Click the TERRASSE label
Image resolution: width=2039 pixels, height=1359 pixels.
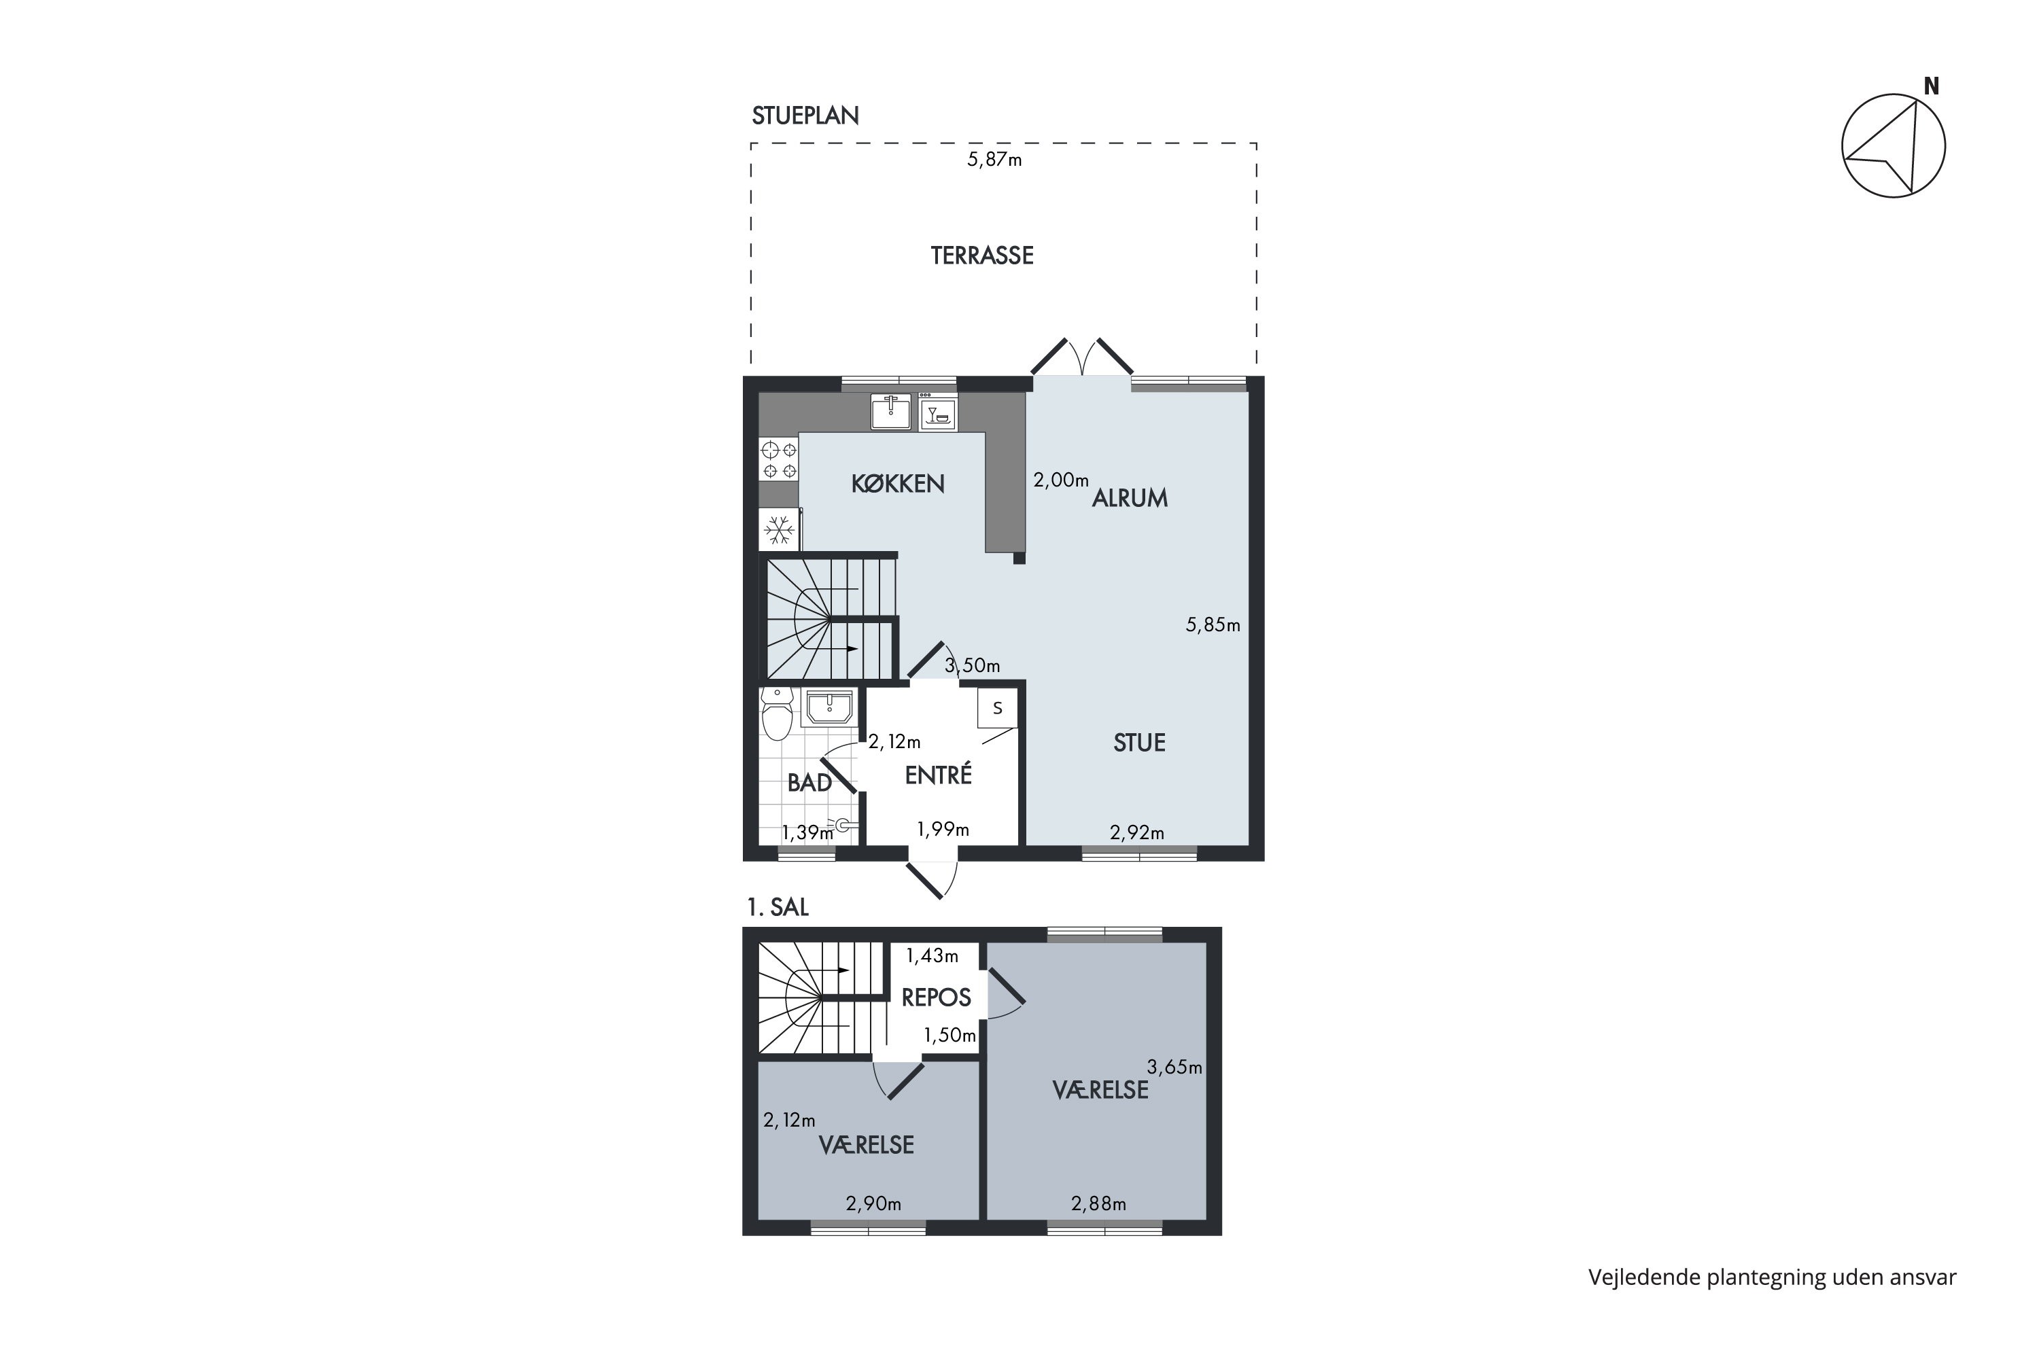pyautogui.click(x=982, y=255)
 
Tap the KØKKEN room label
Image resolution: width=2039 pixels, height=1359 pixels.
pyautogui.click(x=897, y=484)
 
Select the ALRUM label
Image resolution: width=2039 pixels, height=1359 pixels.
pyautogui.click(x=1130, y=498)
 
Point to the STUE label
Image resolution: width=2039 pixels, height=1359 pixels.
pyautogui.click(x=1139, y=743)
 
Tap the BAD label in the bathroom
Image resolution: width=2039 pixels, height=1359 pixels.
pyautogui.click(x=809, y=783)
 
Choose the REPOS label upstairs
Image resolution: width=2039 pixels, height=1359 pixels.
pyautogui.click(x=937, y=998)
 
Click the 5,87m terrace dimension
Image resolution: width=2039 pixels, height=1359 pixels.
pyautogui.click(x=994, y=160)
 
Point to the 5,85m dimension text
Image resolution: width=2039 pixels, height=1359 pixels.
pyautogui.click(x=1213, y=625)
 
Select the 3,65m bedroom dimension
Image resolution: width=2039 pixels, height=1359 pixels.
pyautogui.click(x=1174, y=1067)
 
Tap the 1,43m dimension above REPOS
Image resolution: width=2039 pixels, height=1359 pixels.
pyautogui.click(x=932, y=956)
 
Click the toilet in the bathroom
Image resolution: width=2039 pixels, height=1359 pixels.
pyautogui.click(x=777, y=714)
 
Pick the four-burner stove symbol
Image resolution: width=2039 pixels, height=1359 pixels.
pyautogui.click(x=778, y=460)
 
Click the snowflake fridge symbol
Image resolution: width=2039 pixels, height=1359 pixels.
pyautogui.click(x=778, y=529)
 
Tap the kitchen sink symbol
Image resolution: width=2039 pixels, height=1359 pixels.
pyautogui.click(x=890, y=411)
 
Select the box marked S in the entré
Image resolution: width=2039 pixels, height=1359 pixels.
pyautogui.click(x=997, y=708)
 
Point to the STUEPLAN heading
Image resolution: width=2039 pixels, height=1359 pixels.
pyautogui.click(x=805, y=116)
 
